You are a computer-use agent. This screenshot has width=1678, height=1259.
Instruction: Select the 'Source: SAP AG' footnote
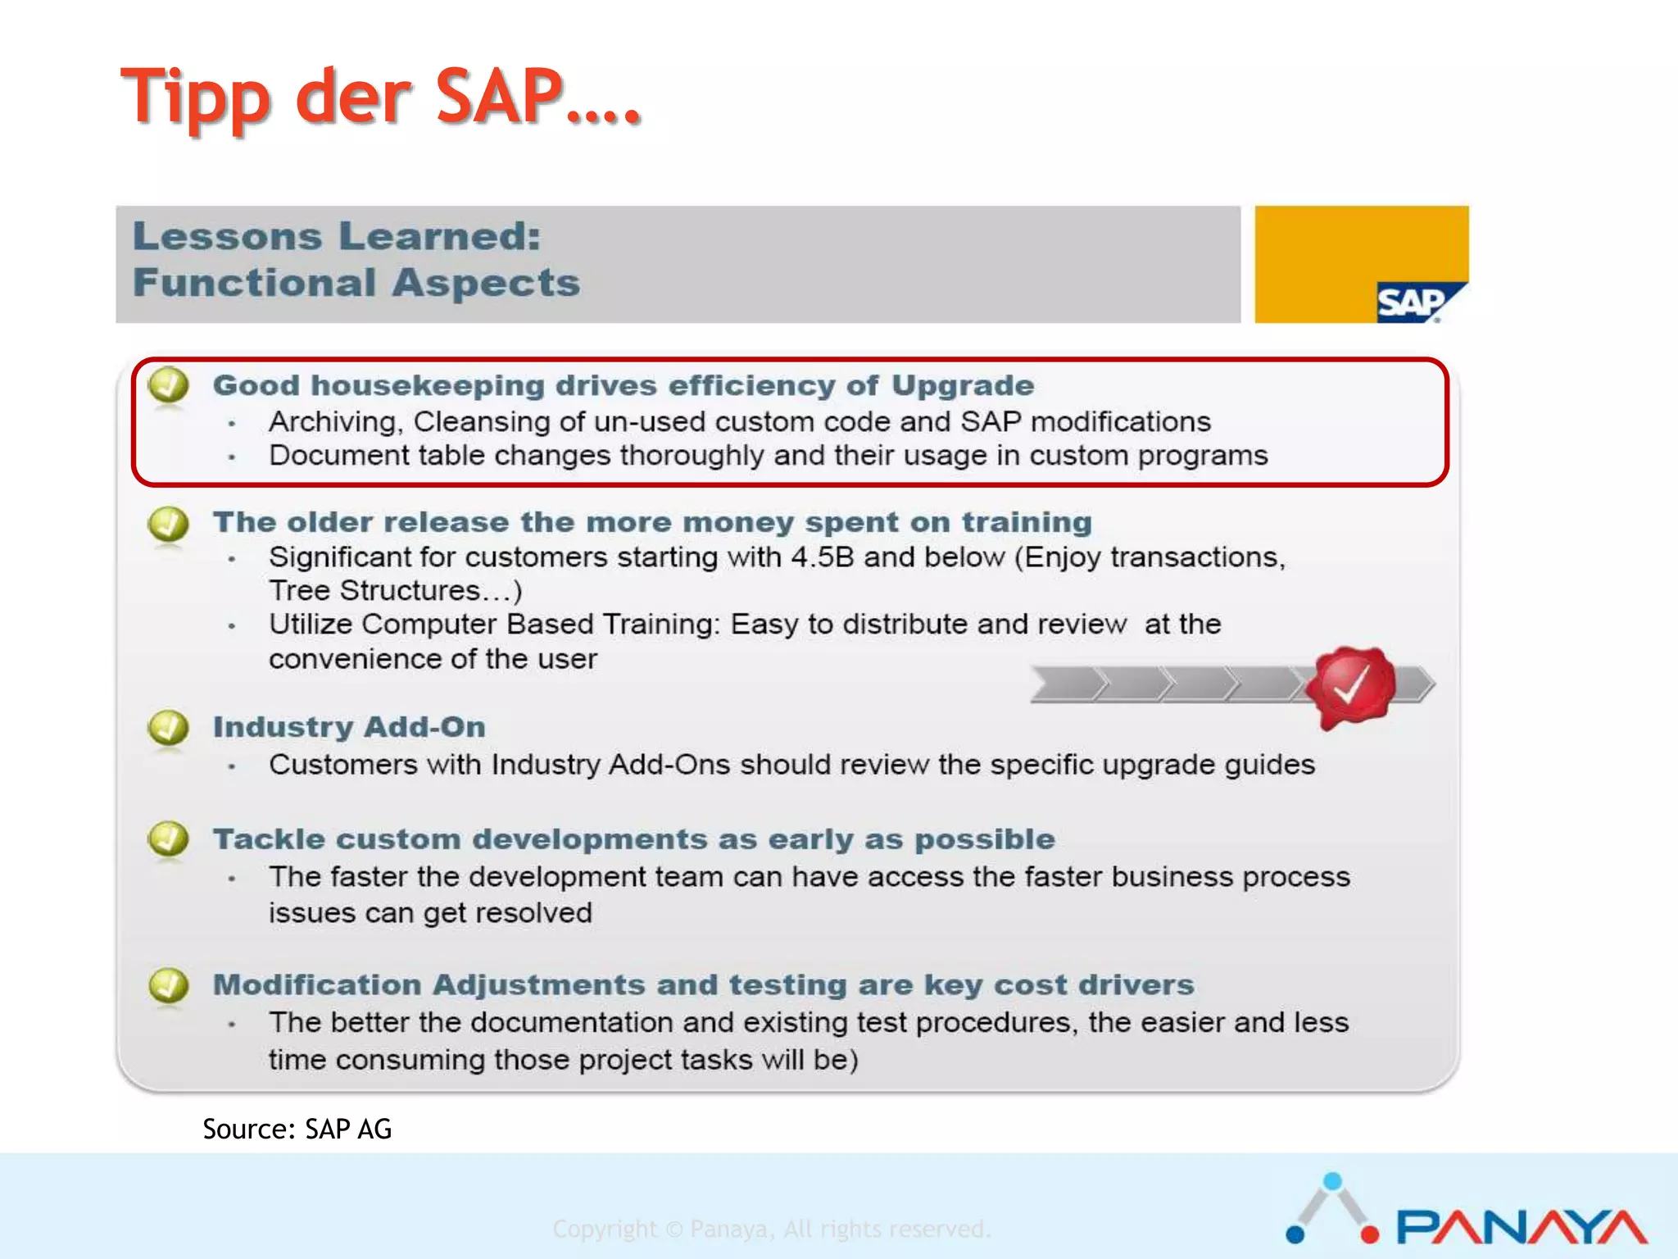pyautogui.click(x=297, y=1129)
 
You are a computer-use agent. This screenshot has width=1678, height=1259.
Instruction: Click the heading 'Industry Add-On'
pyautogui.click(x=349, y=727)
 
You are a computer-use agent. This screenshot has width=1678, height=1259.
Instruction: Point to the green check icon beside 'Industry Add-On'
pyautogui.click(x=169, y=727)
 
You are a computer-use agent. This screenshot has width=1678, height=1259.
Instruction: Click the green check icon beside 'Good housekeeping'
pyautogui.click(x=169, y=384)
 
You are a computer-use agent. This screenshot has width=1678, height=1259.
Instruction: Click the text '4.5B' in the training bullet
pyautogui.click(x=822, y=557)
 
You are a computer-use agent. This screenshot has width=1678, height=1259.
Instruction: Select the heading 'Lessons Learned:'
pyautogui.click(x=337, y=236)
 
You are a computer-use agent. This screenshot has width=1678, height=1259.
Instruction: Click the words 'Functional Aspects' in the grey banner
pyautogui.click(x=356, y=283)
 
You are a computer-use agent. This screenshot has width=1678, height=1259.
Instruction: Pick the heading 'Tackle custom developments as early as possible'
pyautogui.click(x=633, y=839)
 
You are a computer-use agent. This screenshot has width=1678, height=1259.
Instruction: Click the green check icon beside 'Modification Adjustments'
pyautogui.click(x=169, y=985)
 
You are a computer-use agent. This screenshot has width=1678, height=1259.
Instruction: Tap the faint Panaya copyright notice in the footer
pyautogui.click(x=771, y=1229)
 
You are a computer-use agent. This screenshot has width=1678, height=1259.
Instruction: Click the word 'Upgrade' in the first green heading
pyautogui.click(x=962, y=385)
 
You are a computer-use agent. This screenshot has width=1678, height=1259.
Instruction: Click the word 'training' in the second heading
pyautogui.click(x=1026, y=522)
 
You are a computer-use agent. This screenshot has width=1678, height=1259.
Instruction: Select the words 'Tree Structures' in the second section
pyautogui.click(x=374, y=591)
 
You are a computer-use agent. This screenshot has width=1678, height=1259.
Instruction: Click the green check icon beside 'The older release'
pyautogui.click(x=169, y=523)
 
